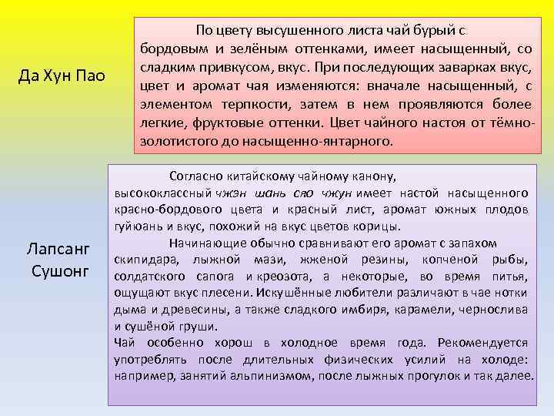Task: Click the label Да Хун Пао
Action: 65,77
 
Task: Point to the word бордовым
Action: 170,49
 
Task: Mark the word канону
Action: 373,176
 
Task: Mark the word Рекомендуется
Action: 485,343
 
